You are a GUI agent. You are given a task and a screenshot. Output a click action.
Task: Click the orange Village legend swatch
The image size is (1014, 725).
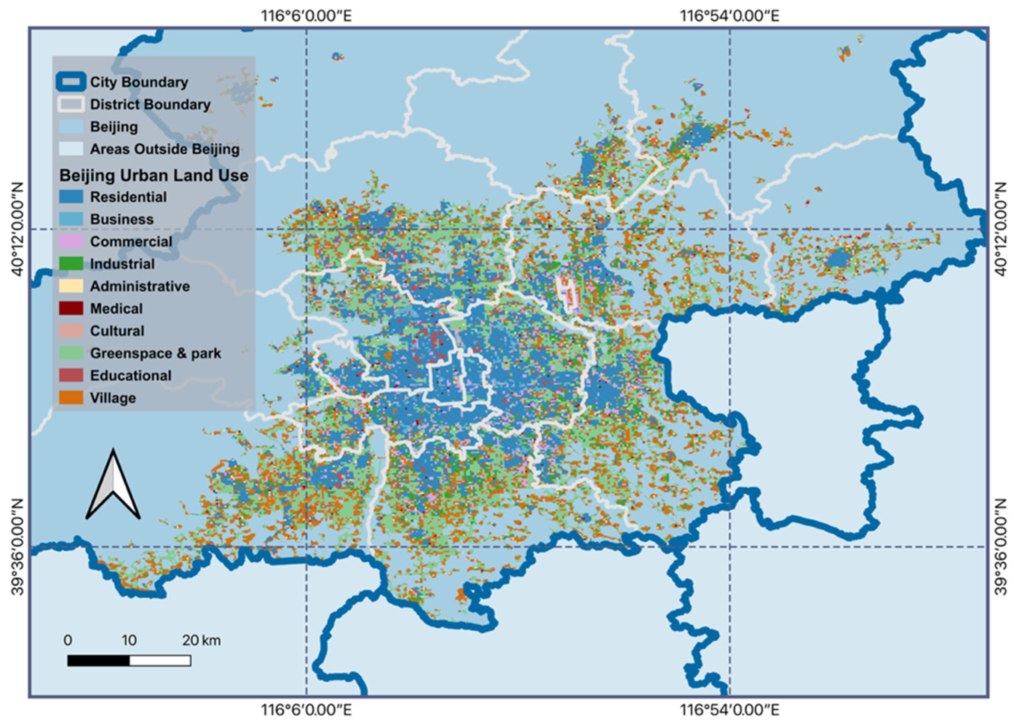click(71, 398)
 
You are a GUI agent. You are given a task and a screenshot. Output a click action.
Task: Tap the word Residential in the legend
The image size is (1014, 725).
click(128, 197)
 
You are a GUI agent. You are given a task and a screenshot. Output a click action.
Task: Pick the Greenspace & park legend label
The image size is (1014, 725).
click(155, 353)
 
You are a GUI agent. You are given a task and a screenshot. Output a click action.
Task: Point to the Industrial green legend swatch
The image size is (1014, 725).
click(71, 264)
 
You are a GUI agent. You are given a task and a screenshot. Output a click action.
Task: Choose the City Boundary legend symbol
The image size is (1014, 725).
click(71, 82)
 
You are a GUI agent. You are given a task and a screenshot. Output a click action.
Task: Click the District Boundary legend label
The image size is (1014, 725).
click(150, 104)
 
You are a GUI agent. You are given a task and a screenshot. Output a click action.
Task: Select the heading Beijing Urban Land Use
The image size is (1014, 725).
click(154, 175)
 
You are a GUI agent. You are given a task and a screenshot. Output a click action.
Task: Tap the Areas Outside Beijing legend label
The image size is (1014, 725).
click(164, 149)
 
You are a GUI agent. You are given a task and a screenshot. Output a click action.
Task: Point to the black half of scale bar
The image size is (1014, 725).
click(99, 660)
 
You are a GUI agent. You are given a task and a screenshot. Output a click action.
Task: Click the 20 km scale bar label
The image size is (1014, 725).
click(201, 640)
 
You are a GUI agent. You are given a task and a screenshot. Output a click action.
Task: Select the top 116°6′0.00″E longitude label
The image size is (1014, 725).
click(307, 16)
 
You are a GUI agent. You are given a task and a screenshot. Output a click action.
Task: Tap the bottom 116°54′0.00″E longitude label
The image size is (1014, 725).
click(730, 709)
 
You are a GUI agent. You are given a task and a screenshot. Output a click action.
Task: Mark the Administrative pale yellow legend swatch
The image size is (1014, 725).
click(71, 286)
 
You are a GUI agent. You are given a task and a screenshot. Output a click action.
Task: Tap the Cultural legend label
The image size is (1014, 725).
click(117, 331)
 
